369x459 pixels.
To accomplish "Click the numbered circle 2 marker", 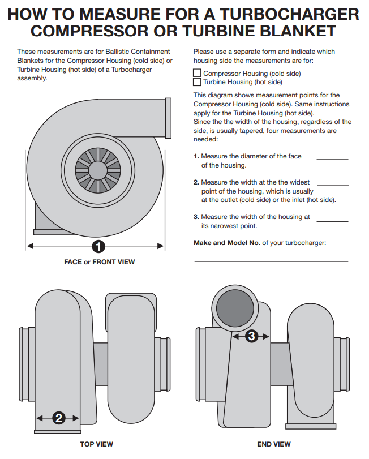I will [x=59, y=418].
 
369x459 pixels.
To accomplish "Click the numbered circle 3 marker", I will [x=251, y=336].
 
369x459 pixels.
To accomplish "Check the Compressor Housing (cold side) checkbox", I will [x=197, y=73].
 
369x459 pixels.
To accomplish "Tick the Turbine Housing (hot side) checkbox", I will [x=197, y=81].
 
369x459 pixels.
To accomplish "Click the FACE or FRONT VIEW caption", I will [x=100, y=262].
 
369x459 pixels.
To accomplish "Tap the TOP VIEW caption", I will [x=96, y=444].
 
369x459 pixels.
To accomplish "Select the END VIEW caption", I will [x=274, y=444].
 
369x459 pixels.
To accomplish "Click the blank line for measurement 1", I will [x=332, y=160].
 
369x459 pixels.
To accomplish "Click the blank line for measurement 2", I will [x=332, y=185].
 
